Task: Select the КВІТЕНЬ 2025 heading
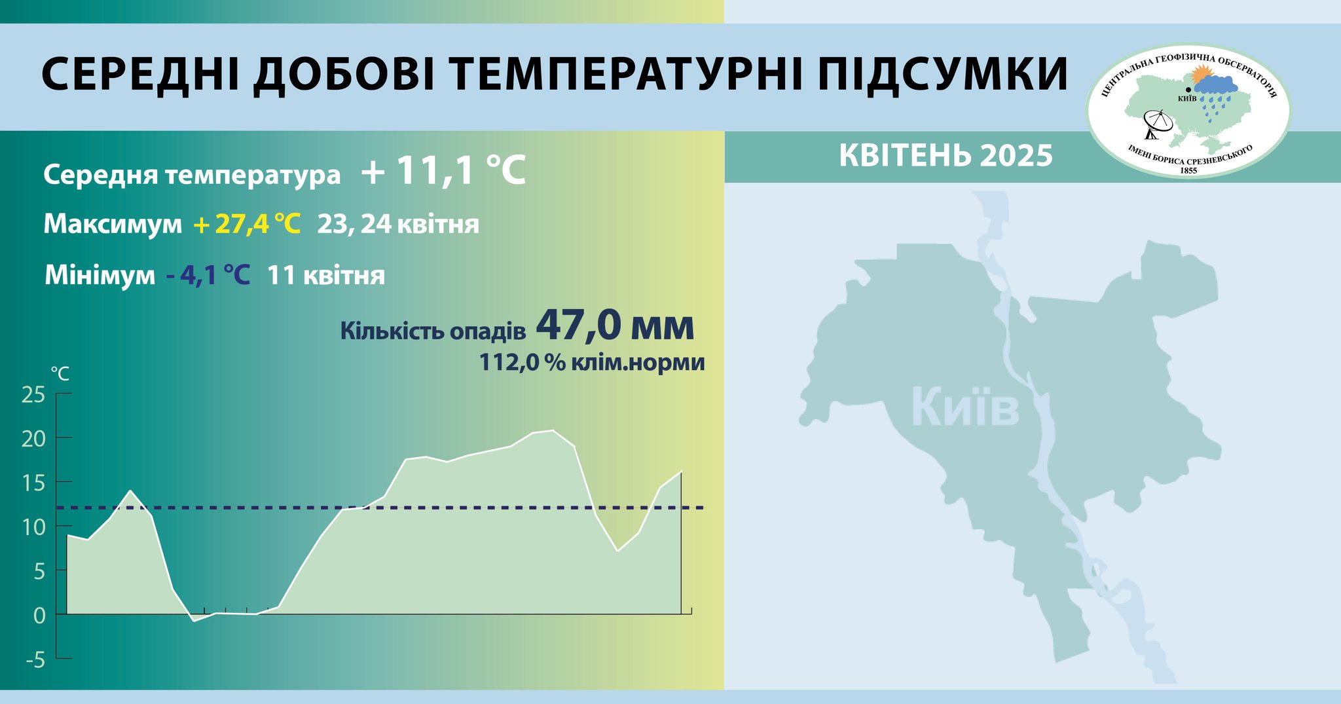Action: click(x=946, y=156)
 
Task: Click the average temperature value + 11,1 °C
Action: click(x=443, y=172)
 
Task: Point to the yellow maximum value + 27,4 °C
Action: click(x=247, y=224)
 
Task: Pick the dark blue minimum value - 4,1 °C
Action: click(x=208, y=275)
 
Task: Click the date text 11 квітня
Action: click(x=325, y=275)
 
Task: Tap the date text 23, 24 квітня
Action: click(x=398, y=224)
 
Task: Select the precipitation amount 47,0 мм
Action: click(x=615, y=325)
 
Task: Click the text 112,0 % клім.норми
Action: click(x=592, y=362)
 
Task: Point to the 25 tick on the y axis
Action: click(x=33, y=395)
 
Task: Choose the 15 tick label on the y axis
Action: click(x=33, y=483)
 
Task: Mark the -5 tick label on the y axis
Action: click(x=35, y=659)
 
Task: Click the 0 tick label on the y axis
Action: click(x=39, y=616)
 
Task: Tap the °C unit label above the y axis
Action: click(x=60, y=374)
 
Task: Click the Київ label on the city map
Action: click(x=965, y=407)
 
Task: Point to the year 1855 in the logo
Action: click(x=1188, y=170)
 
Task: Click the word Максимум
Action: click(x=113, y=224)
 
